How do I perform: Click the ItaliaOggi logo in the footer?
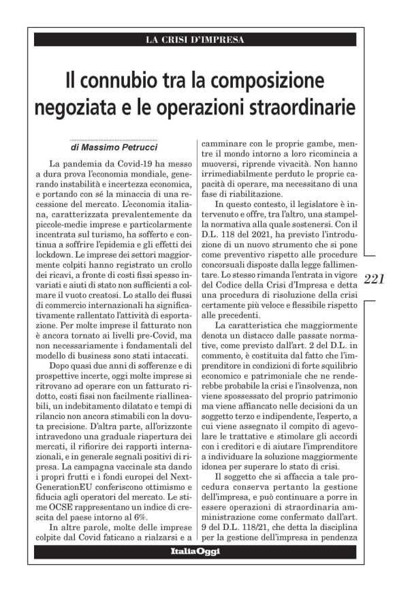click(x=195, y=550)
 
